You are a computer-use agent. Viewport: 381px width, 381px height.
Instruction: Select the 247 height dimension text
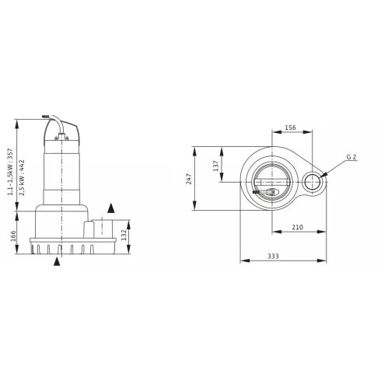[188, 179]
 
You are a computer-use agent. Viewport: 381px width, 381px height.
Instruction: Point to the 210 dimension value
[297, 228]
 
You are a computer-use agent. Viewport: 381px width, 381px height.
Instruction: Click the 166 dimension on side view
[13, 236]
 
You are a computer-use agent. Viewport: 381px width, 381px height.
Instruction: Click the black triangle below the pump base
[57, 263]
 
